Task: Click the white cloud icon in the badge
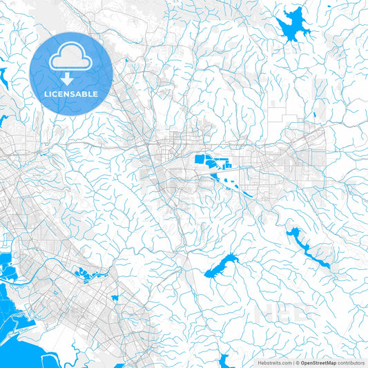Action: coord(71,61)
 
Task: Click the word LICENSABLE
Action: coord(71,93)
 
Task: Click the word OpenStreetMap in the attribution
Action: coord(318,362)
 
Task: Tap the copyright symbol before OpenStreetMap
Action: coord(296,362)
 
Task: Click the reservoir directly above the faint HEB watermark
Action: coord(221,264)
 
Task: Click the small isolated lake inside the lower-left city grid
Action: coord(115,298)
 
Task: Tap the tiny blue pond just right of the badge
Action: coord(126,61)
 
